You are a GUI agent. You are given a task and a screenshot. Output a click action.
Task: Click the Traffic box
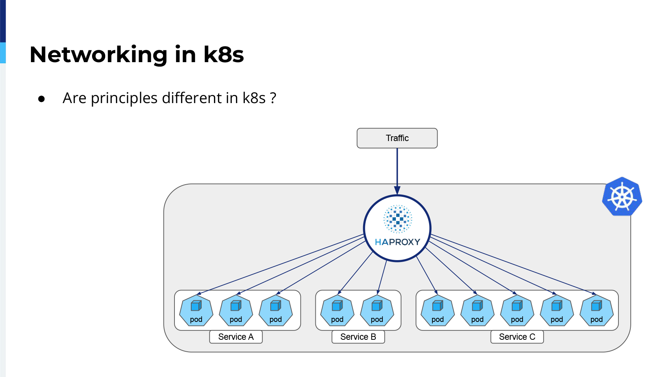397,138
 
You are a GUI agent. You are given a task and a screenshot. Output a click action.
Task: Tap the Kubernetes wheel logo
622,197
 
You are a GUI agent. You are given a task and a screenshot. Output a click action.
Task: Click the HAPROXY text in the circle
397,242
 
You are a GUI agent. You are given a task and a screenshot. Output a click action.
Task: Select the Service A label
236,337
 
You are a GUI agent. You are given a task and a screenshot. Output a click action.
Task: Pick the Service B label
358,337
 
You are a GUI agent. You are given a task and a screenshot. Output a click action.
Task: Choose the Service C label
517,337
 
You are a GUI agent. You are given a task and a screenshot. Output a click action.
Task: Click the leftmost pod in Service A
196,311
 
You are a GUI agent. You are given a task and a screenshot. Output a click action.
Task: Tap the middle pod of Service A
236,311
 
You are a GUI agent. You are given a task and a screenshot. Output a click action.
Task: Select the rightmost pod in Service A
276,311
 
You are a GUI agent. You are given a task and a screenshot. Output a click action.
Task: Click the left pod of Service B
337,311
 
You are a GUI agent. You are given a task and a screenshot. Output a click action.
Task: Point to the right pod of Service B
377,311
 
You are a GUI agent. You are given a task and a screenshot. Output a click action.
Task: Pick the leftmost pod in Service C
438,311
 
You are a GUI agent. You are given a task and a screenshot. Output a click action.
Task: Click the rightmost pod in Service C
596,311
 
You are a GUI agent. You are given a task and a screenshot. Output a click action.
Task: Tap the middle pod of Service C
517,311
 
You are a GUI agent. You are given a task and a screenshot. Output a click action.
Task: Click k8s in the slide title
224,54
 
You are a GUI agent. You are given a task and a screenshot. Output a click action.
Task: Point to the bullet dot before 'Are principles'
41,99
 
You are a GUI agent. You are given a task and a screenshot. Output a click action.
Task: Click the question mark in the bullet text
273,98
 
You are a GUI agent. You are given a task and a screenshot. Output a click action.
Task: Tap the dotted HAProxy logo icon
398,219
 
